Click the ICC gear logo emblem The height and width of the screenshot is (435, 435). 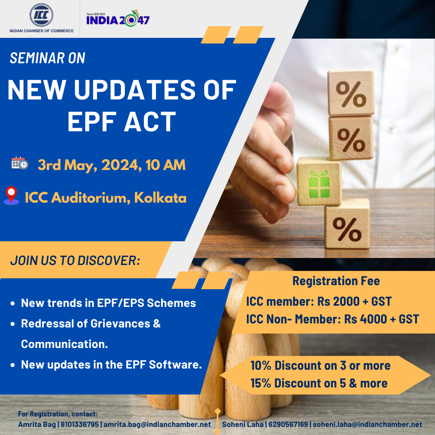tap(41, 15)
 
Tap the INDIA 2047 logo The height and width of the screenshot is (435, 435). tap(118, 19)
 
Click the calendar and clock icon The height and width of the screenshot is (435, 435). tap(20, 163)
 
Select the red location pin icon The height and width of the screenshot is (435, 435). tap(11, 196)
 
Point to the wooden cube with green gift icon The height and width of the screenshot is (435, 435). tap(319, 182)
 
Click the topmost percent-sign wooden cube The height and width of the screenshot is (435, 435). tap(351, 92)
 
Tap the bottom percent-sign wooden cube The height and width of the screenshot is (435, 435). tap(347, 224)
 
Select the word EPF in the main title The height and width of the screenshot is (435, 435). tap(91, 122)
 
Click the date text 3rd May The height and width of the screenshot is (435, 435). tap(67, 165)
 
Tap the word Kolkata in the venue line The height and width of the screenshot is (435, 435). tap(160, 197)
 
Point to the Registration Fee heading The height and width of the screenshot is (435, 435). tap(336, 281)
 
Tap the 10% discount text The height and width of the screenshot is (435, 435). tap(321, 365)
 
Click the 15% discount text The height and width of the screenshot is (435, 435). tap(319, 383)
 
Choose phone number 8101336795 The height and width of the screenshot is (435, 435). tap(80, 424)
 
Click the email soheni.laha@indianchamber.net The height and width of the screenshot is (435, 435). tap(367, 424)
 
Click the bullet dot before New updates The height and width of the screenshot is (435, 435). tap(12, 365)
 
